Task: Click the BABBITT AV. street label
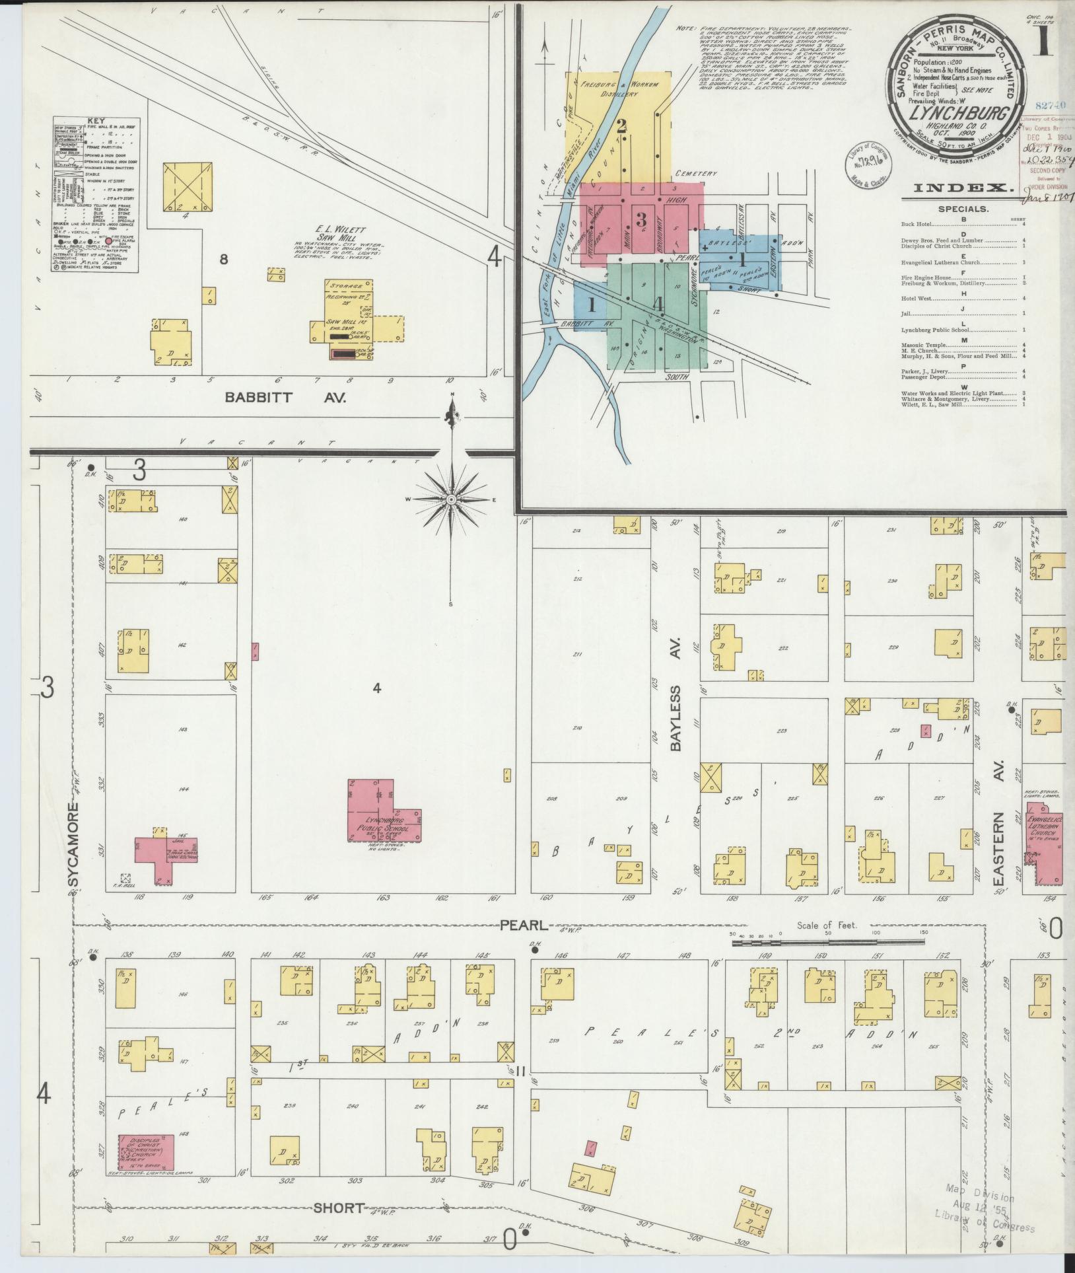(285, 398)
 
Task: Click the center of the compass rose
(451, 499)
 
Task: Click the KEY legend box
(96, 196)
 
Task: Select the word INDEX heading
(963, 188)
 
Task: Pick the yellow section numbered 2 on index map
(621, 126)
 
